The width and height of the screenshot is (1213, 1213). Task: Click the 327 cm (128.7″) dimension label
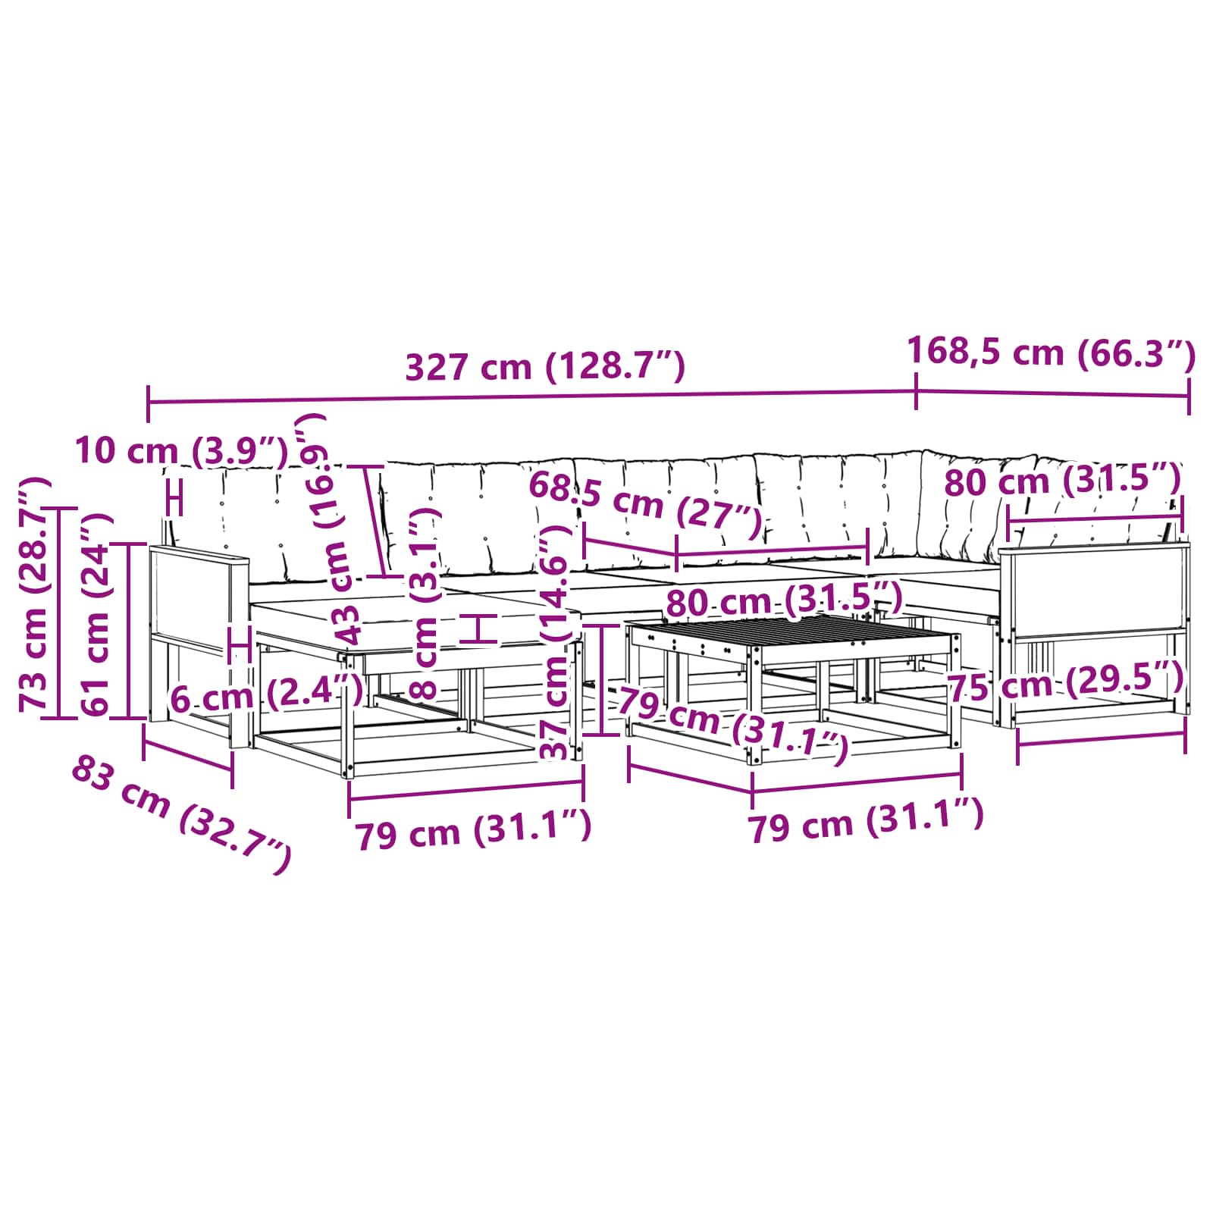(x=545, y=367)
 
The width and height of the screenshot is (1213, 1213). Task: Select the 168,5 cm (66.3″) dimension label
(x=1051, y=353)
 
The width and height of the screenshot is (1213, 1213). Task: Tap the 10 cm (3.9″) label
(x=182, y=451)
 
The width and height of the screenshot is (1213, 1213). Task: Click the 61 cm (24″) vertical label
(x=97, y=615)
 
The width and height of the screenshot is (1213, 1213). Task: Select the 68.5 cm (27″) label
(x=645, y=503)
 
